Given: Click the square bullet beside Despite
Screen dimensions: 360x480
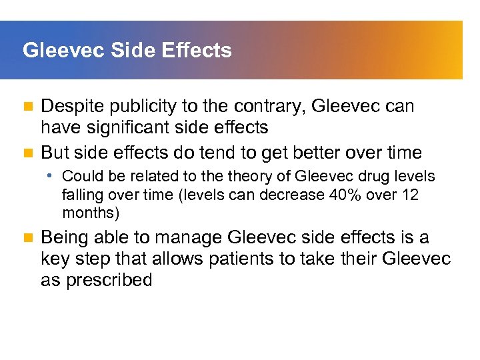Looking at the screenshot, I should click(27, 107).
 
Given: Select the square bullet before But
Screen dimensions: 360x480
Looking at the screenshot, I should click(27, 153).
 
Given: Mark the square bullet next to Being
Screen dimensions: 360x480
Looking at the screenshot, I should click(27, 238).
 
